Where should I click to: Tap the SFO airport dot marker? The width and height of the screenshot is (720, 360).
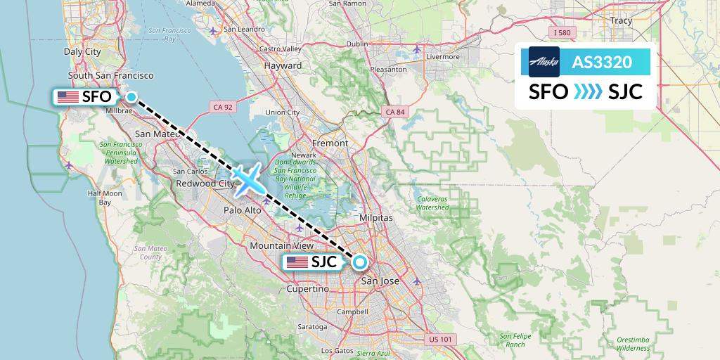(131, 97)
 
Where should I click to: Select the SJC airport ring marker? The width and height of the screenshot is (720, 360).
(359, 262)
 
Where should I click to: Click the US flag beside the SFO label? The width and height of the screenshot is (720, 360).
(68, 97)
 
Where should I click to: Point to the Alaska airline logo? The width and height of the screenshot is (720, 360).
(544, 62)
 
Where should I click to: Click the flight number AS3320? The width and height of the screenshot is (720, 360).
(601, 63)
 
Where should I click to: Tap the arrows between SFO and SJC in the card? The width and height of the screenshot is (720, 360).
(588, 92)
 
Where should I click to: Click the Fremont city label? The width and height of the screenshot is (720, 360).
(330, 143)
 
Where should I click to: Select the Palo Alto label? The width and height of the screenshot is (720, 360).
(243, 210)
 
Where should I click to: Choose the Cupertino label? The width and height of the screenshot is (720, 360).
(308, 289)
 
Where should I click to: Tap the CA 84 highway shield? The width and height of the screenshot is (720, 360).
(395, 112)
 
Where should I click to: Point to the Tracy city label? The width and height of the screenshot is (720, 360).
(622, 21)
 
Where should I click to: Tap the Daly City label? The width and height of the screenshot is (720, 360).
(82, 51)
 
